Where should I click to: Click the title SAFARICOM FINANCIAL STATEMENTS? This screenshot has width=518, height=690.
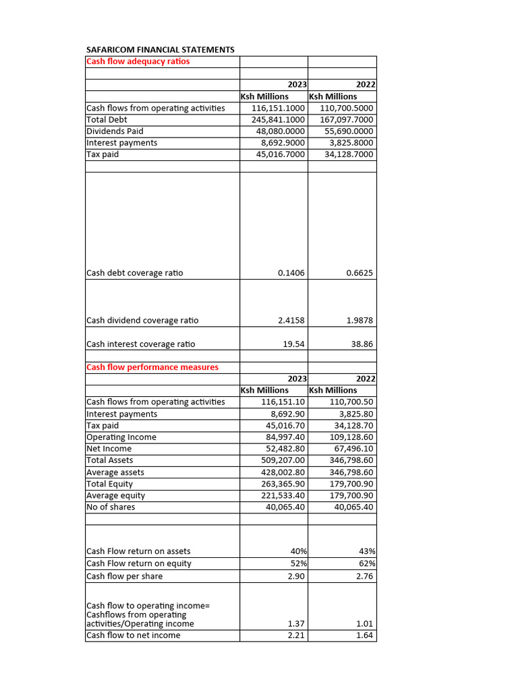click(161, 50)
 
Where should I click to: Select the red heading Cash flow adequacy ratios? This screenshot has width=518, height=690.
click(138, 61)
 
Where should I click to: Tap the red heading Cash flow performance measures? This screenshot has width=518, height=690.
click(152, 367)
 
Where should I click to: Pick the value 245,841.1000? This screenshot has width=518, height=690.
click(278, 120)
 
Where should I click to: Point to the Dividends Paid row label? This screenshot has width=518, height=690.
click(115, 131)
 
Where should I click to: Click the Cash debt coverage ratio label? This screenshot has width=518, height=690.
click(135, 273)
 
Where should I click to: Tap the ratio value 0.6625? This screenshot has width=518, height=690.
click(359, 273)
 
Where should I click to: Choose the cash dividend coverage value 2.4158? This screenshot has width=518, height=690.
click(291, 321)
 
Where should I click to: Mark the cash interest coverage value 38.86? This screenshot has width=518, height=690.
click(362, 344)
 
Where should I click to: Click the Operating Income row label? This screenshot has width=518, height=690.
click(121, 437)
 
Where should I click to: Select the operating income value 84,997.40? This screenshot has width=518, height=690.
click(283, 437)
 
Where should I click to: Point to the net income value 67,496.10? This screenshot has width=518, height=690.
click(351, 449)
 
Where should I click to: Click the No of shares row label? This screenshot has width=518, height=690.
click(111, 507)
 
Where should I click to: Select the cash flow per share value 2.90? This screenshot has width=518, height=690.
click(295, 576)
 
